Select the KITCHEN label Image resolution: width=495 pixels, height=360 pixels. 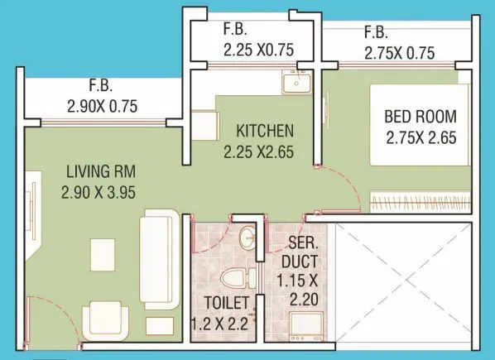pos(264,131)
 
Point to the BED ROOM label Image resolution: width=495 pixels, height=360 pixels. pos(421,115)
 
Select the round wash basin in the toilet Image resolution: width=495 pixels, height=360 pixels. pos(246,241)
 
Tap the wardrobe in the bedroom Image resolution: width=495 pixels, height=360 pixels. pos(418,200)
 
